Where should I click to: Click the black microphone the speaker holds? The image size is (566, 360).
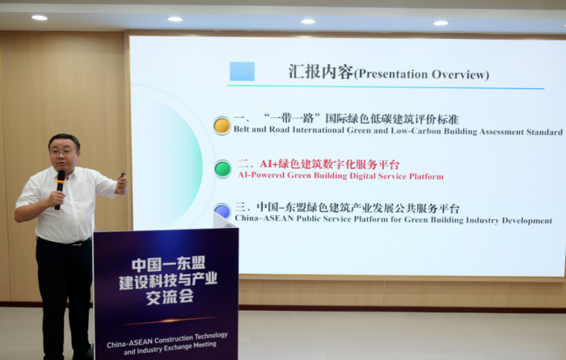[60, 189]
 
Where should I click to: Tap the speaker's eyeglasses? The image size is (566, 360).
[64, 153]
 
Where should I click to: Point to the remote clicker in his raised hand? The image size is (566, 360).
[123, 175]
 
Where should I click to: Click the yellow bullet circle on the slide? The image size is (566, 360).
[222, 126]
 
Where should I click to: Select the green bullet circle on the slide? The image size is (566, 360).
[222, 169]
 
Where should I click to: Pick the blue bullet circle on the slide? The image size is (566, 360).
[222, 211]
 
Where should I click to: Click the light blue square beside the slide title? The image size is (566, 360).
[243, 71]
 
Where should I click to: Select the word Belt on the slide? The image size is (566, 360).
[242, 129]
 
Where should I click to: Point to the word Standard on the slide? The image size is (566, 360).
[544, 132]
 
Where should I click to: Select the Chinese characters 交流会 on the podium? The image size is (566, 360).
[170, 297]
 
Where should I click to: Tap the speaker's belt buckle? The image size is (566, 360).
[74, 244]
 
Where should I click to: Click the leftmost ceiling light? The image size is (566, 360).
[39, 18]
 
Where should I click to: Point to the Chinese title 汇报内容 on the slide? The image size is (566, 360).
[320, 71]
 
